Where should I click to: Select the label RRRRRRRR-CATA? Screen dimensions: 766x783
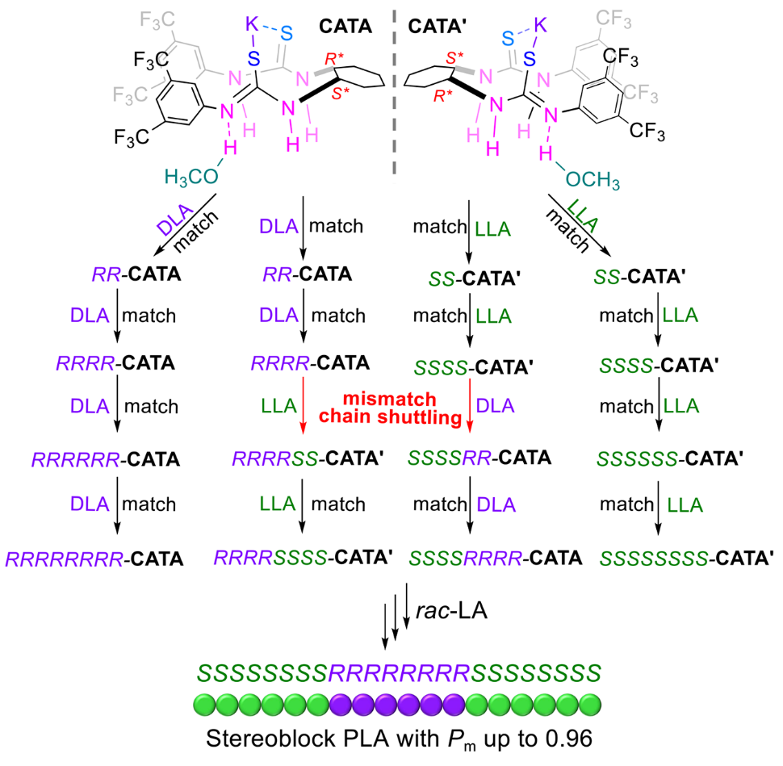(94, 558)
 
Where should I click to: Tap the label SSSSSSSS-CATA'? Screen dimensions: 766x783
(687, 558)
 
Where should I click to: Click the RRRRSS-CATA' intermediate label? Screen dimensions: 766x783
(308, 458)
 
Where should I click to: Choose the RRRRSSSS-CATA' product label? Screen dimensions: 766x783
(304, 558)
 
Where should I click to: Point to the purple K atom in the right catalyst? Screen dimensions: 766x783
(540, 28)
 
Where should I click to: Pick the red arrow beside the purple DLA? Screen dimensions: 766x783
(470, 408)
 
